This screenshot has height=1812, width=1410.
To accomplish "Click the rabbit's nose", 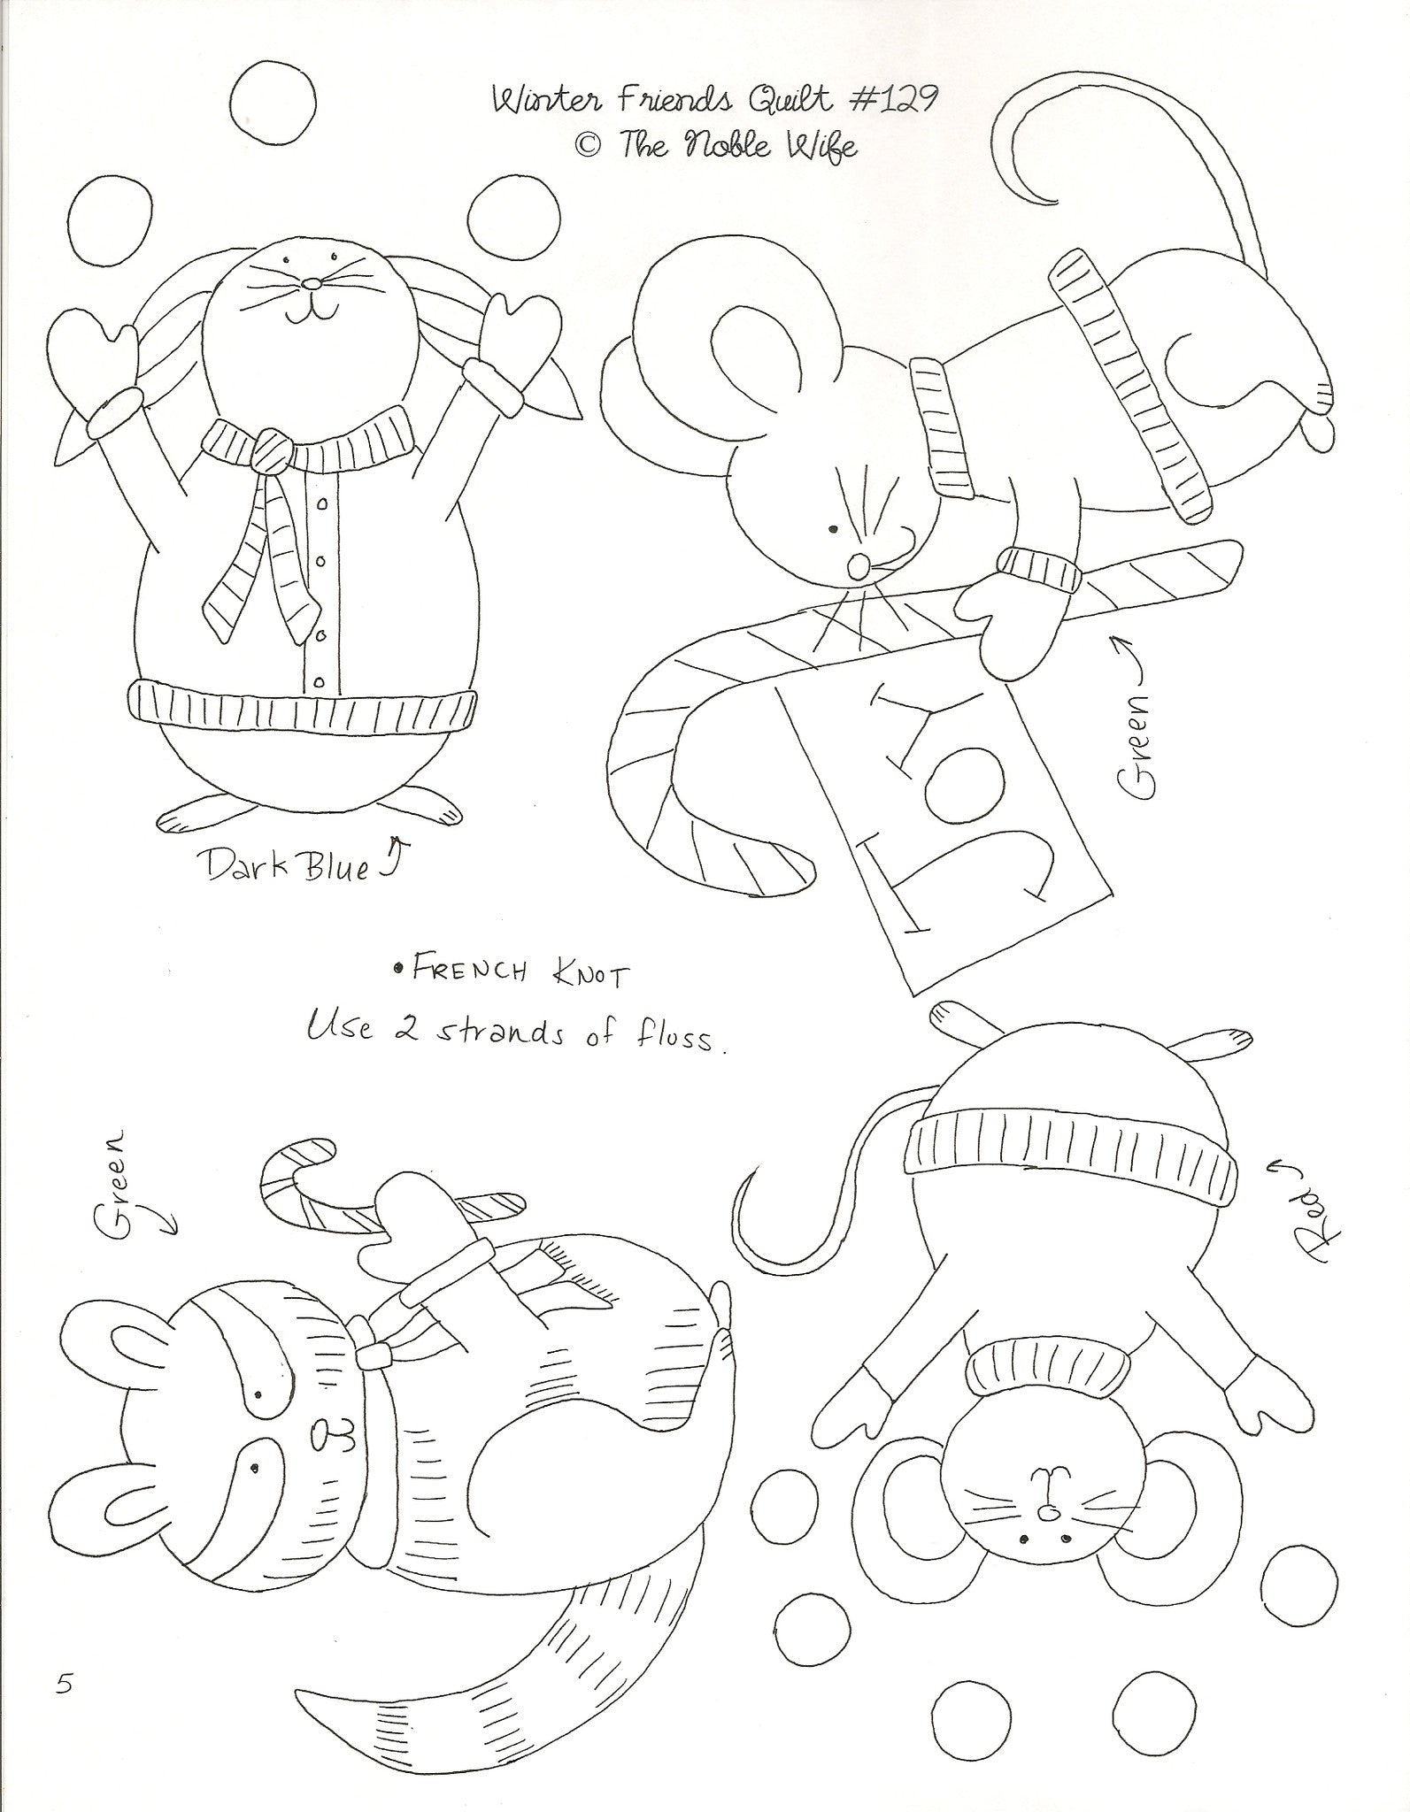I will point(312,284).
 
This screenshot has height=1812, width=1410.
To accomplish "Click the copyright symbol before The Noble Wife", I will point(588,146).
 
